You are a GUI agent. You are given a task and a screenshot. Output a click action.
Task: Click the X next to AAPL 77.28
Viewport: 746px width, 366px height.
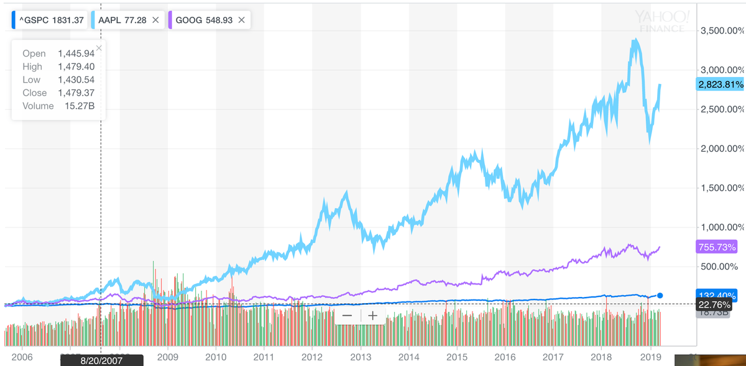(x=155, y=20)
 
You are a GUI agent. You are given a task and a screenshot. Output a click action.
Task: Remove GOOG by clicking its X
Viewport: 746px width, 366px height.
(x=241, y=20)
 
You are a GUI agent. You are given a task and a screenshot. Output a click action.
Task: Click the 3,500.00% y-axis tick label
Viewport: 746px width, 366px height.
(x=721, y=30)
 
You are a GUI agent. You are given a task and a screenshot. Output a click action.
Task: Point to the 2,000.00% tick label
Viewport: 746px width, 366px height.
(x=721, y=149)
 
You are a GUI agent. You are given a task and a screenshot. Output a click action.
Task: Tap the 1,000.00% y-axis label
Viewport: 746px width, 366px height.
(x=721, y=227)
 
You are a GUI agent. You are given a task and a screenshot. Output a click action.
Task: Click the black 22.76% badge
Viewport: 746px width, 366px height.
(x=715, y=304)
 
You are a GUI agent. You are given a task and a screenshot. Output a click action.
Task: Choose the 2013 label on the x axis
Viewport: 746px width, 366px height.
(x=361, y=357)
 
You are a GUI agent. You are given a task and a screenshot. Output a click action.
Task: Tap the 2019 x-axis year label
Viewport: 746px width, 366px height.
(x=650, y=357)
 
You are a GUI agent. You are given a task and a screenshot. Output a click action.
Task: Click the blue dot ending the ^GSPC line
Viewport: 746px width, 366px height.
(x=660, y=296)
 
